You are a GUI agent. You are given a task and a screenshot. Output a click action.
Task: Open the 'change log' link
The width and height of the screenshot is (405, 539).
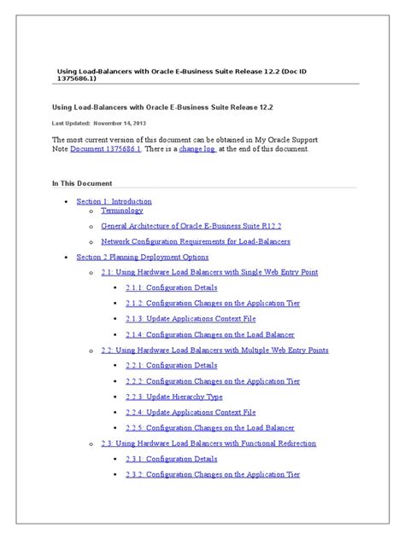(x=198, y=148)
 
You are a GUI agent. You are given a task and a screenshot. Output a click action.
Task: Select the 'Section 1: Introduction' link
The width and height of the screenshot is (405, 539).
(x=114, y=201)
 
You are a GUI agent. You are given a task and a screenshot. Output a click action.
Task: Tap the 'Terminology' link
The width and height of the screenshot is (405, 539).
(x=122, y=210)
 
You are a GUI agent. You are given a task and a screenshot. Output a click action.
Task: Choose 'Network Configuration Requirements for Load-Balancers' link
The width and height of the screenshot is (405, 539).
(x=196, y=241)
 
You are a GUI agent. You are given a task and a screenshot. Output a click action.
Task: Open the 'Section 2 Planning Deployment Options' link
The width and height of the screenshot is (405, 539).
(x=143, y=257)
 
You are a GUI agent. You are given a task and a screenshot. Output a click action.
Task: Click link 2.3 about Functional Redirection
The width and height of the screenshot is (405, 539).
(x=208, y=443)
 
